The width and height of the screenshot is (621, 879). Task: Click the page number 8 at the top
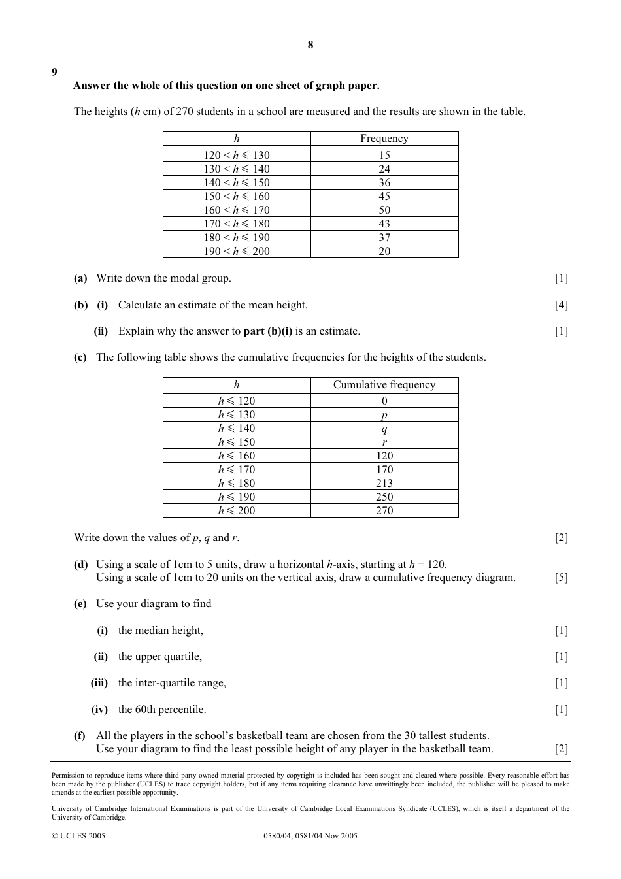pyautogui.click(x=310, y=44)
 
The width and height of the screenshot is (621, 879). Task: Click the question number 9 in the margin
pyautogui.click(x=54, y=72)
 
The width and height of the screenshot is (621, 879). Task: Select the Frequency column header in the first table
pyautogui.click(x=384, y=139)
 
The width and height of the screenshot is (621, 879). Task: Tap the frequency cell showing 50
pyautogui.click(x=384, y=210)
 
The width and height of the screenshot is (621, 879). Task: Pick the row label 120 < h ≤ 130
pyautogui.click(x=236, y=155)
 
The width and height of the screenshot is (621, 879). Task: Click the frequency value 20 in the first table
pyautogui.click(x=384, y=251)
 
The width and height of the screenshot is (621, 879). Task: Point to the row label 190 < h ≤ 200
pyautogui.click(x=236, y=251)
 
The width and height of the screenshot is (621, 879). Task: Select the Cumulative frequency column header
pyautogui.click(x=384, y=384)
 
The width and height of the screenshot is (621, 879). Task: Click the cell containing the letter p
pyautogui.click(x=384, y=415)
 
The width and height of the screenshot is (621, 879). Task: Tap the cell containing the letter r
pyautogui.click(x=384, y=442)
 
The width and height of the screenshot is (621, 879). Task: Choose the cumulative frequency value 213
pyautogui.click(x=384, y=483)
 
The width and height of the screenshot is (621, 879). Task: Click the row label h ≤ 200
pyautogui.click(x=236, y=510)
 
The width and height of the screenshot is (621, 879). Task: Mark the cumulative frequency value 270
pyautogui.click(x=384, y=510)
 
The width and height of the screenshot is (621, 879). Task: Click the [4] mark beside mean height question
pyautogui.click(x=561, y=305)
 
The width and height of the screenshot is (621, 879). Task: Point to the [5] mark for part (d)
pyautogui.click(x=561, y=578)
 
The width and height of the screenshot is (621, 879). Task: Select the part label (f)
pyautogui.click(x=80, y=735)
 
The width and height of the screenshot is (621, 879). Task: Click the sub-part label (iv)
pyautogui.click(x=99, y=709)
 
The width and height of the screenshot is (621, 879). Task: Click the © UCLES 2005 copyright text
pyautogui.click(x=78, y=835)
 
